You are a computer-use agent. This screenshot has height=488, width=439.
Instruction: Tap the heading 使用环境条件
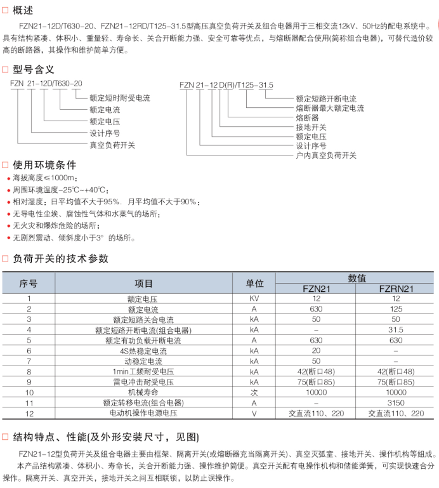pos(44,164)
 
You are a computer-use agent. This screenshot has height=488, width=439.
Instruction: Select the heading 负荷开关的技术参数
pos(60,258)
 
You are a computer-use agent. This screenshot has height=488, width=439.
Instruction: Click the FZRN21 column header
pos(396,288)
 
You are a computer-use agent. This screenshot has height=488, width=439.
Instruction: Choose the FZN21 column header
pos(316,288)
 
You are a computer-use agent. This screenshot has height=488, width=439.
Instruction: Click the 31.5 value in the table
pos(396,330)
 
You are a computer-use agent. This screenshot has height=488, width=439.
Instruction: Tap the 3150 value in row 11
pos(396,403)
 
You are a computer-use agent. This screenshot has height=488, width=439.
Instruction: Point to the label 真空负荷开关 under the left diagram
pos(112,145)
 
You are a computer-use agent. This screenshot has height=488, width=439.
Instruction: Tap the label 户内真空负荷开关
pos(326,155)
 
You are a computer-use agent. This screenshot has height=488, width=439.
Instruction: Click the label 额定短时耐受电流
pos(120,98)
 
